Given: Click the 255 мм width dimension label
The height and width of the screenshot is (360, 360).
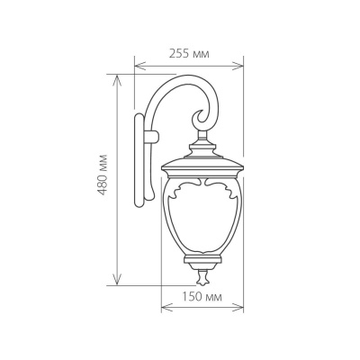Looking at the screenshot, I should click(x=189, y=54).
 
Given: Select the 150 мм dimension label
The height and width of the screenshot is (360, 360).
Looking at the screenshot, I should click(x=202, y=296).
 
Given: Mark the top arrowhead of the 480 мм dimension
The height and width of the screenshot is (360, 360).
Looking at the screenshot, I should click(x=117, y=78).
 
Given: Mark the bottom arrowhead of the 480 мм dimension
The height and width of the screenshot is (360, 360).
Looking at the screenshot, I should click(x=117, y=281).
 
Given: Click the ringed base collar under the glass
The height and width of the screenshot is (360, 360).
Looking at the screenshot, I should click(x=202, y=261).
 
